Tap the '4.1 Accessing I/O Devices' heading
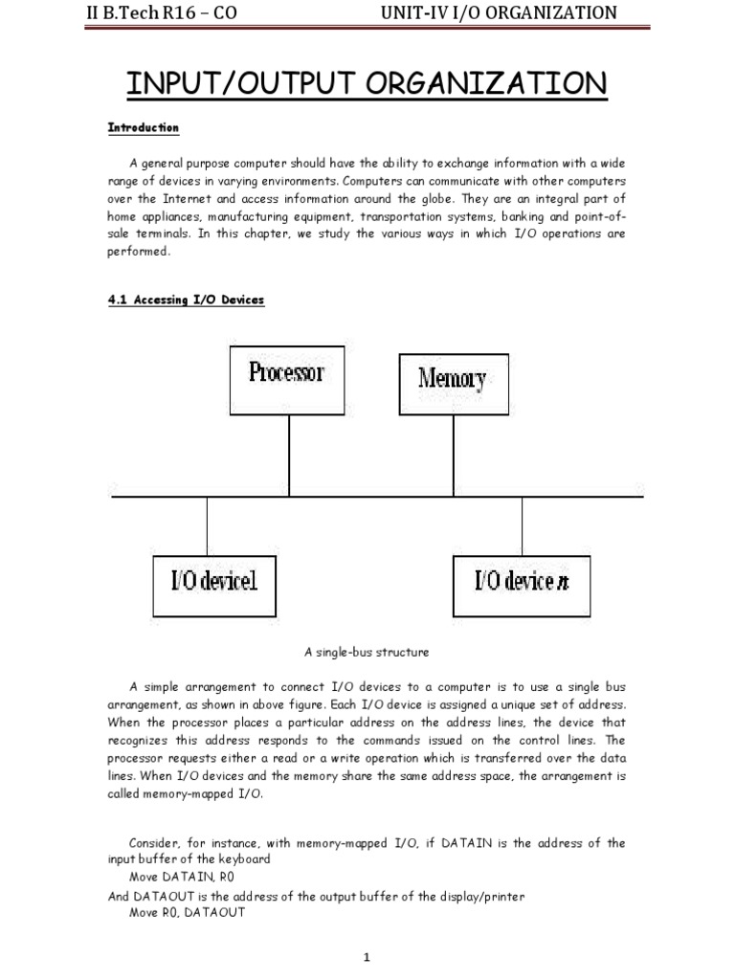pos(186,300)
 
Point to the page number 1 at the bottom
pos(367,958)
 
